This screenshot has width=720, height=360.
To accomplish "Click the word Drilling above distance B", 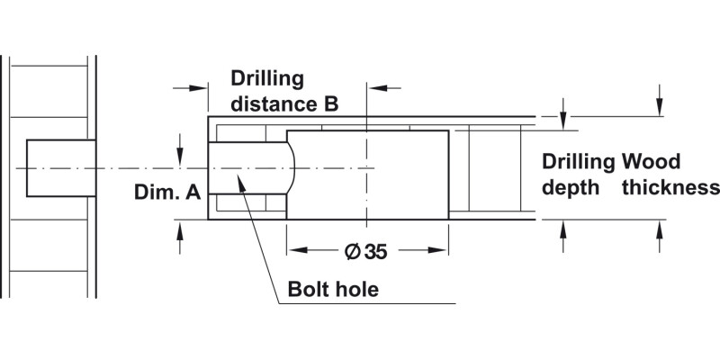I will [x=267, y=78].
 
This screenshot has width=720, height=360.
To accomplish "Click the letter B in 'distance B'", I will [x=330, y=104].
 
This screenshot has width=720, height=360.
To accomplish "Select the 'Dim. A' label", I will [x=167, y=193].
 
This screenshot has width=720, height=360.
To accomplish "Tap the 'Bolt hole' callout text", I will [x=332, y=290].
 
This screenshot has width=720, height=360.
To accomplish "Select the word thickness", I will [x=670, y=187].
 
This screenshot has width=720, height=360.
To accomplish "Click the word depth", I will [x=568, y=187].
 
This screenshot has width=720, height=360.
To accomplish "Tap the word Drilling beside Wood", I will [x=579, y=162].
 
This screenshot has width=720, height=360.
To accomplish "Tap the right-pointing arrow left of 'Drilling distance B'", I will [x=201, y=87].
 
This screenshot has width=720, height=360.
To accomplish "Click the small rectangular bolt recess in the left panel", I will [x=61, y=168].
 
